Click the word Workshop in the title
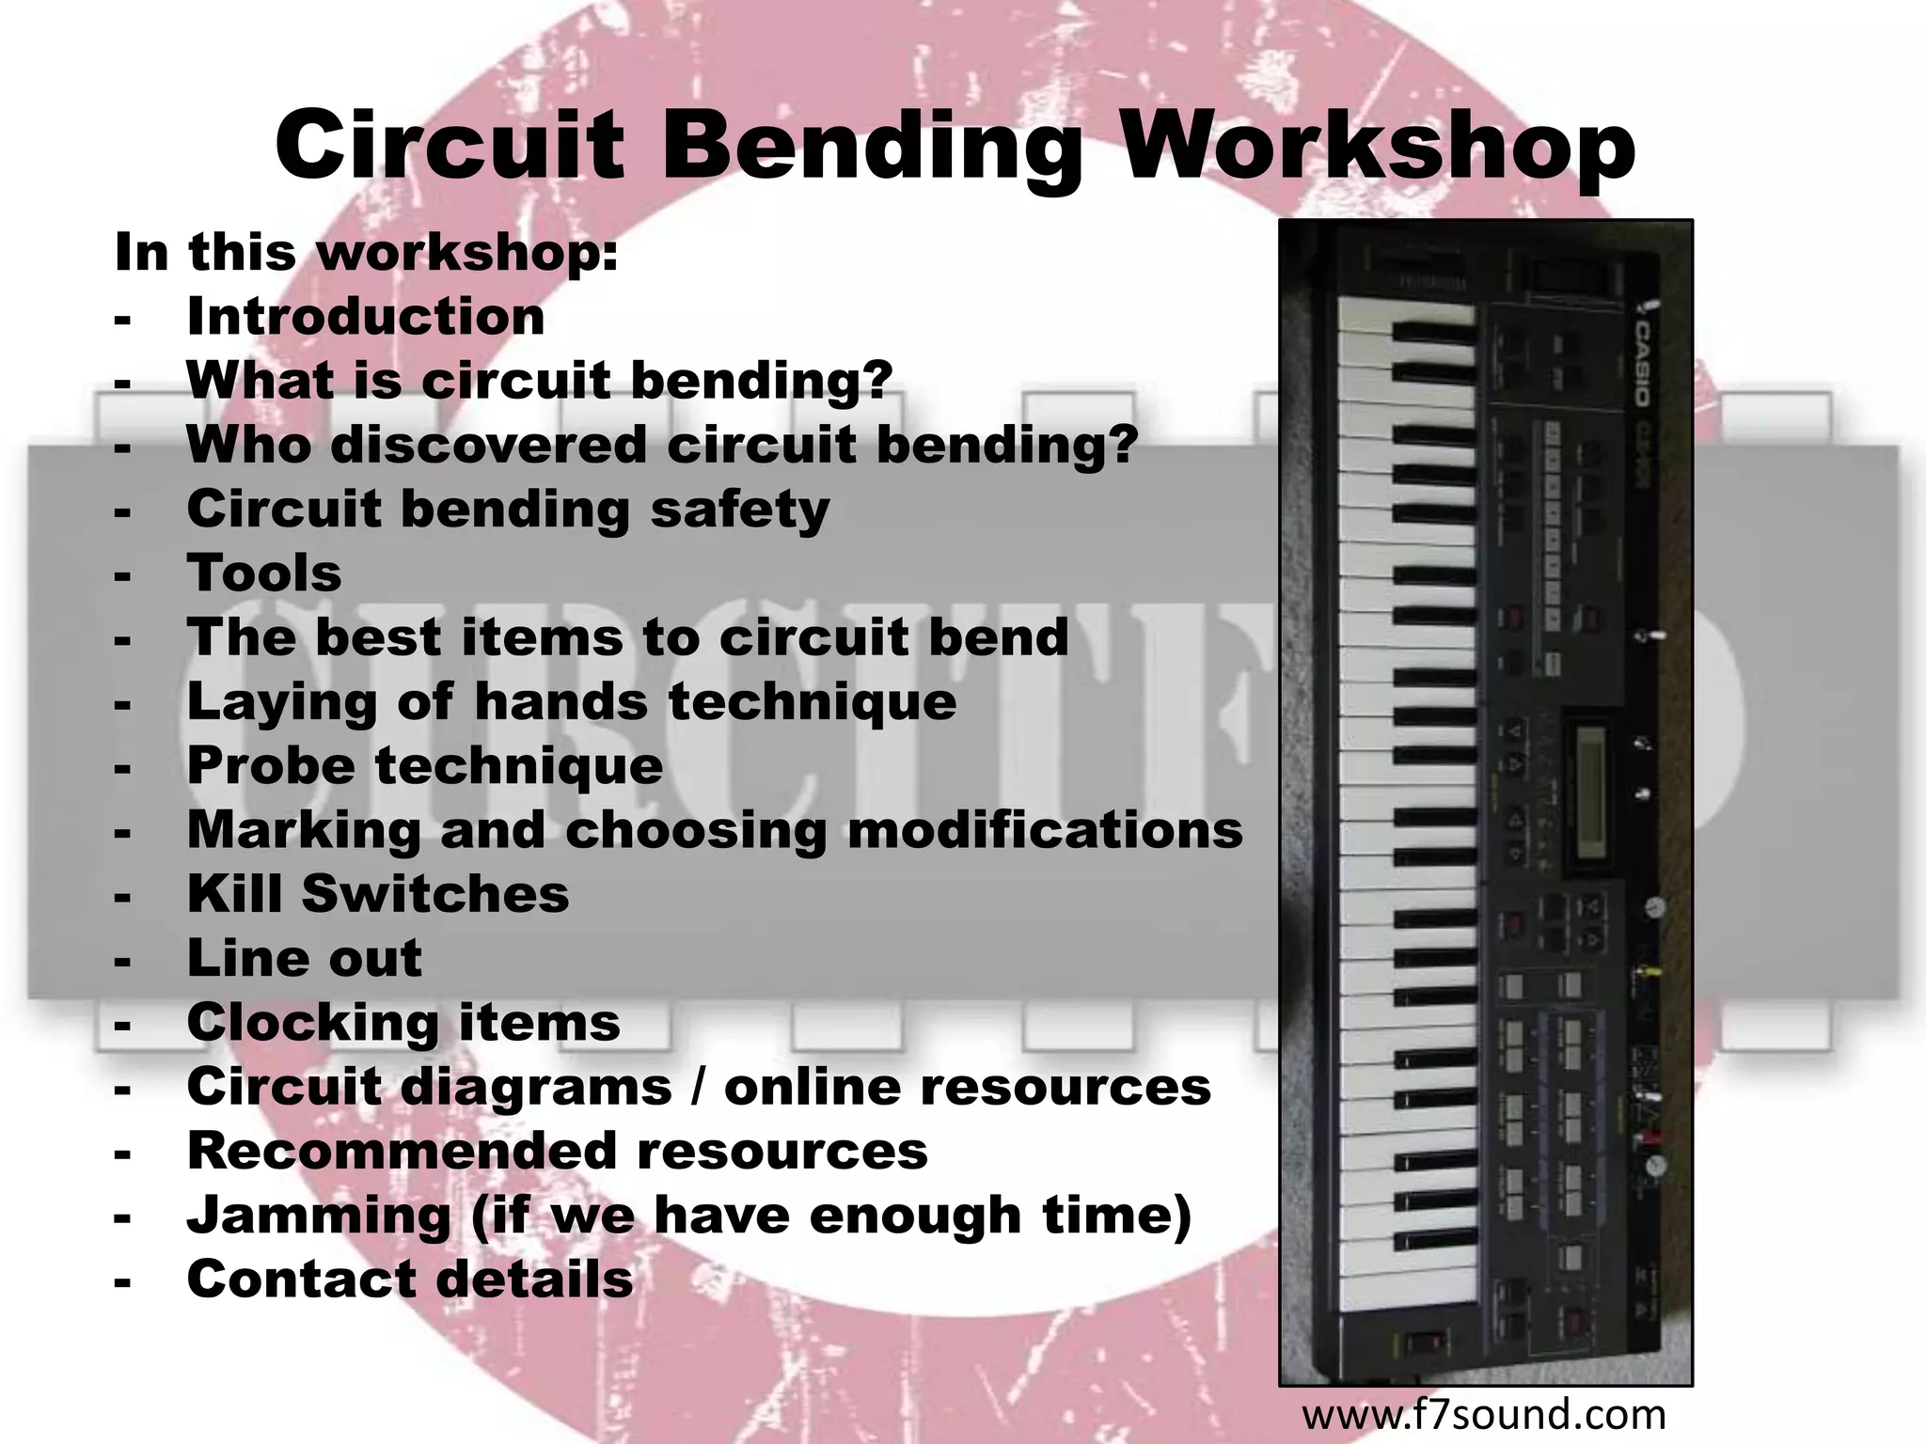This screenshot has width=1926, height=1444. click(x=1380, y=147)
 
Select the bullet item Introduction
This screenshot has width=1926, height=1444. click(x=366, y=316)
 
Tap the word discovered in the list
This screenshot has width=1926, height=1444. click(x=488, y=444)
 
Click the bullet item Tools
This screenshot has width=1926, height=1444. click(x=264, y=573)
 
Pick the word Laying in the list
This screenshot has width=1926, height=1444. click(x=282, y=702)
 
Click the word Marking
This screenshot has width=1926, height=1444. click(x=304, y=830)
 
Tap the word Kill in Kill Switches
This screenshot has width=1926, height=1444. click(x=234, y=893)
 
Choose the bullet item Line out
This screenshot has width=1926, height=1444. click(x=305, y=958)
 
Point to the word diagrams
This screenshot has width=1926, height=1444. click(x=536, y=1088)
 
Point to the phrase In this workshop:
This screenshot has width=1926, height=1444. click(x=366, y=253)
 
